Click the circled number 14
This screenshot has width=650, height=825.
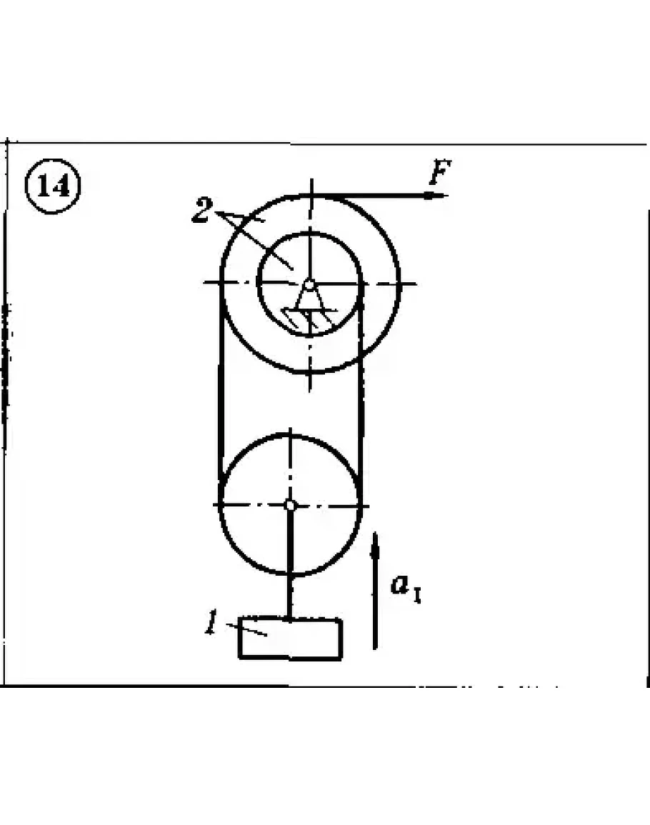click(53, 186)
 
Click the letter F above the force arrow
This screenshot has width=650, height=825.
click(440, 172)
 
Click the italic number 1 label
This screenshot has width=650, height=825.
click(211, 622)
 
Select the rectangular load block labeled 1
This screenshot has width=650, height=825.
click(291, 639)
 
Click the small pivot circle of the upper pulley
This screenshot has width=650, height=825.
click(310, 285)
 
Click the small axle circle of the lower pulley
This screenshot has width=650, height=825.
click(290, 506)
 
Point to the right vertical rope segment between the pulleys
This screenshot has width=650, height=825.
click(361, 379)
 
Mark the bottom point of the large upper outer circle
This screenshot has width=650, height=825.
click(309, 371)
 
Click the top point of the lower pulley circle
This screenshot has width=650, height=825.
click(290, 435)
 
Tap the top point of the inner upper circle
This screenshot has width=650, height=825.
click(310, 233)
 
